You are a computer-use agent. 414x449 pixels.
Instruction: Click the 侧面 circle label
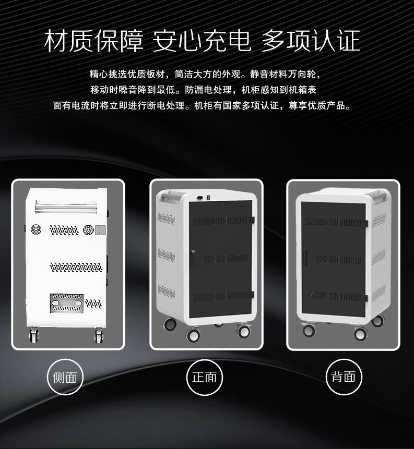(65, 377)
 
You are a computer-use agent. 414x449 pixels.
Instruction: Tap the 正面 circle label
(205, 377)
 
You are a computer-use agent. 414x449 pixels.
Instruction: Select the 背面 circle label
(344, 377)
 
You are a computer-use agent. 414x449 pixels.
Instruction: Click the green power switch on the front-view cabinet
(209, 197)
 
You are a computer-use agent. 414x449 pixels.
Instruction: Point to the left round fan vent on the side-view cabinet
(36, 229)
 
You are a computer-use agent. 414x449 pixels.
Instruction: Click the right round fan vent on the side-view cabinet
(88, 230)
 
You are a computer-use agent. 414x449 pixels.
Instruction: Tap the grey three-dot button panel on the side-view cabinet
(100, 230)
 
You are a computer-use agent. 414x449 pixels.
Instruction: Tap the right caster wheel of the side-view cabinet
(99, 336)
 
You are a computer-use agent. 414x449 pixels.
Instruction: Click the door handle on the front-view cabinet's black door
(192, 259)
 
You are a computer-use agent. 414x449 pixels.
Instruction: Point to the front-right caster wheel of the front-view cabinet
(243, 331)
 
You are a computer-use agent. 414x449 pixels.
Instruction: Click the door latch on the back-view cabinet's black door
(305, 257)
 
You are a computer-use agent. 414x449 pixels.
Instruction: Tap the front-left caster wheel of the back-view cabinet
(309, 330)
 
